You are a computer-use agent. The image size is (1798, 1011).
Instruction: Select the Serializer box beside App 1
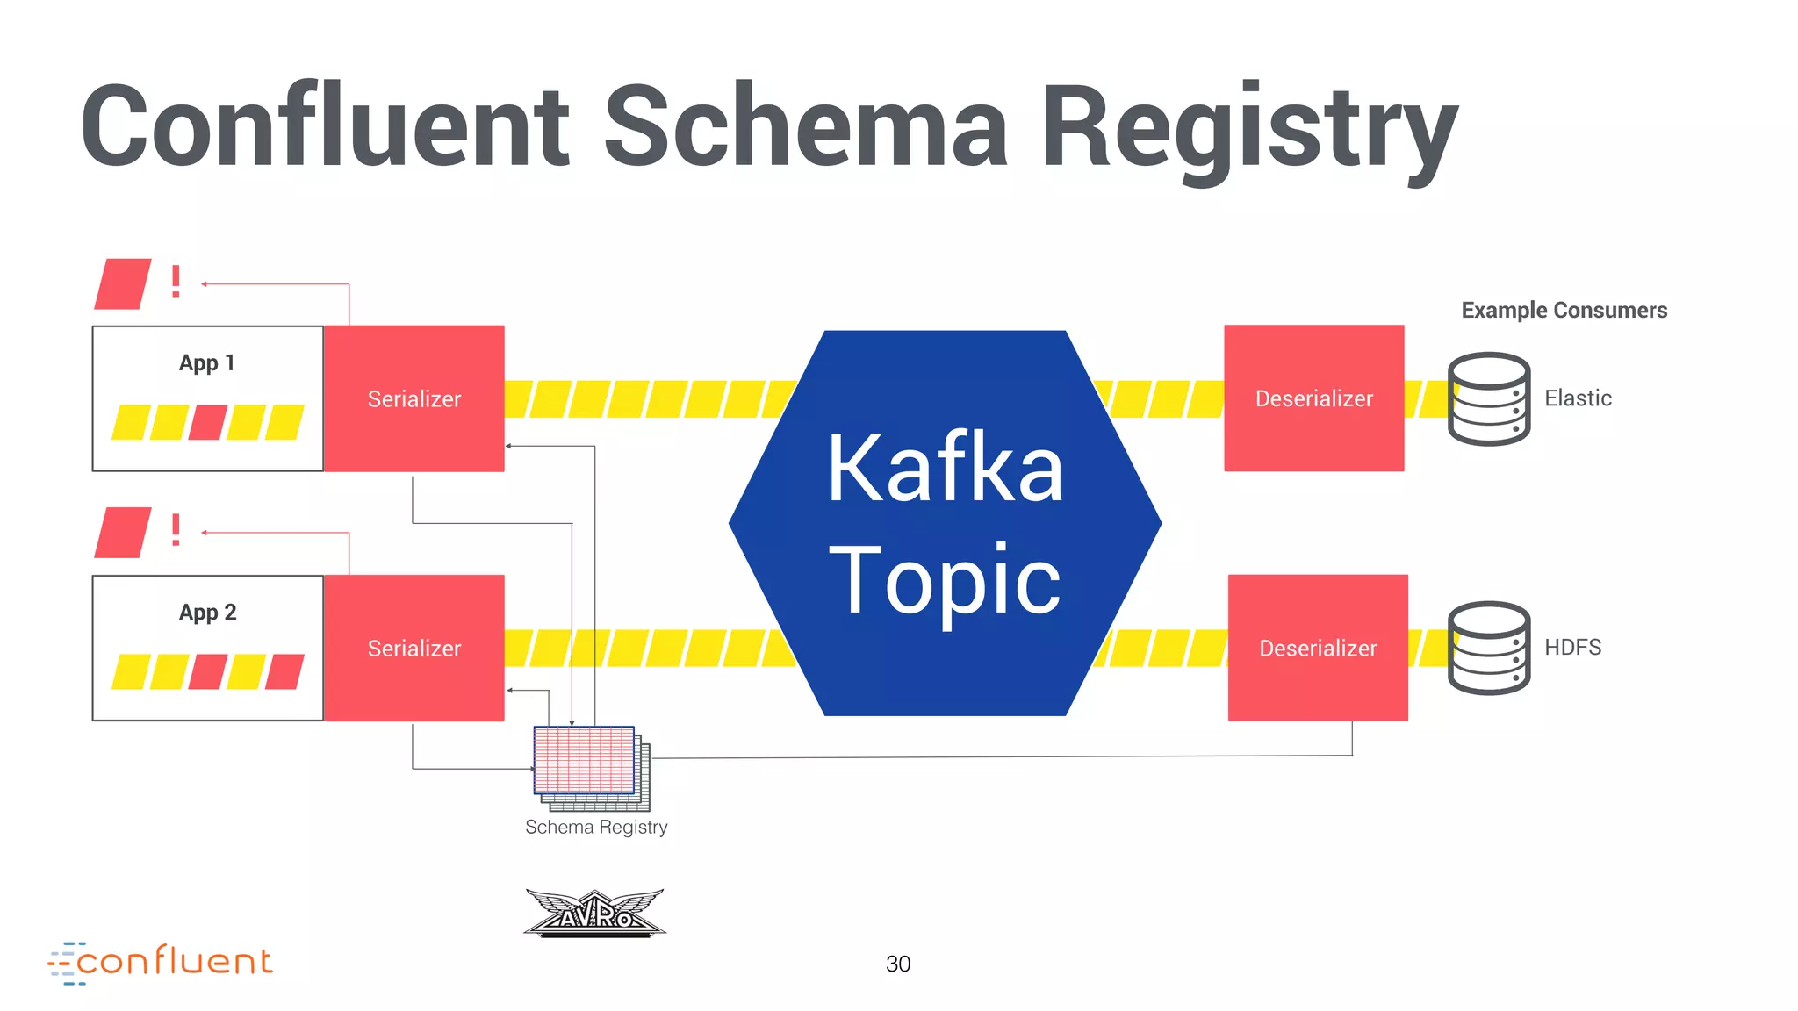[414, 398]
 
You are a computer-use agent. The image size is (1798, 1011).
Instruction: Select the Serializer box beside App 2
[414, 648]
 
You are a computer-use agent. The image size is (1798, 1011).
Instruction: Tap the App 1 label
[207, 362]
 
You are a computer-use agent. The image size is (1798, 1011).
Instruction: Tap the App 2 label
[208, 612]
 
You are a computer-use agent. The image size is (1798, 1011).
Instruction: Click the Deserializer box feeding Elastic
[1313, 398]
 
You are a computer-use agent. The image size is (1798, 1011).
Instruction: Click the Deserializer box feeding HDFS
[1317, 648]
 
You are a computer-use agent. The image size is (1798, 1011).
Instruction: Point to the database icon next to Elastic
[1488, 398]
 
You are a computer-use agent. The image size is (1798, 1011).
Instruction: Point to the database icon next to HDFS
[1488, 648]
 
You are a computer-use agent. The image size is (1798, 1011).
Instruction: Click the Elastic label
[1578, 398]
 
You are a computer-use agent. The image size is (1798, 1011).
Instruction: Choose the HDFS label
[1572, 648]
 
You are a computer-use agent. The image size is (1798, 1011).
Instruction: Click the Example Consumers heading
[1564, 310]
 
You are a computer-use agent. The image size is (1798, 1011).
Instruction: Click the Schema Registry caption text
[596, 827]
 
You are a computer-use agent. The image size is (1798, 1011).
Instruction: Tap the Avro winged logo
[595, 913]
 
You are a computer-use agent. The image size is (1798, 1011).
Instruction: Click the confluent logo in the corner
[162, 962]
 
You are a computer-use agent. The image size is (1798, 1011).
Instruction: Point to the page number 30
[897, 964]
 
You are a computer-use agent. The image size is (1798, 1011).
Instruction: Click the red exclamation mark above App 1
[176, 283]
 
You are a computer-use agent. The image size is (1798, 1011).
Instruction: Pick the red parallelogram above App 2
[123, 533]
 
